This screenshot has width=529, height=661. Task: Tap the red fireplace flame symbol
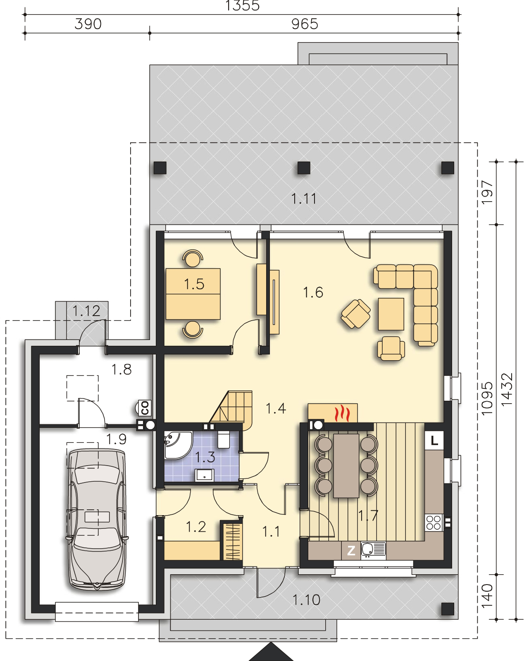(x=342, y=413)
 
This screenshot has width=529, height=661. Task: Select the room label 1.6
(x=313, y=292)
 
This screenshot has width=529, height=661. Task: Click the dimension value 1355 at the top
(x=242, y=5)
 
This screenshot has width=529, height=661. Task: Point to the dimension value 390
(x=88, y=24)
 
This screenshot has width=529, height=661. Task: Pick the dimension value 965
(x=305, y=24)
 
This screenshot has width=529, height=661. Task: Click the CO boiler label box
(x=145, y=408)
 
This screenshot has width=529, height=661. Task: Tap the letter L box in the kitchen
(x=434, y=441)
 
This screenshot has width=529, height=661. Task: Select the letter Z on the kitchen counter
(x=351, y=550)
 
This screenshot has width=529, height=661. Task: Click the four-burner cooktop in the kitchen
(x=434, y=523)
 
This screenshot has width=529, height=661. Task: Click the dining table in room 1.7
(x=346, y=465)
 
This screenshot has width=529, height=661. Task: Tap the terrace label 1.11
(x=304, y=199)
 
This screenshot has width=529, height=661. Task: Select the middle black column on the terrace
(x=304, y=168)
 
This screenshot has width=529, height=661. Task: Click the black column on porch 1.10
(x=448, y=609)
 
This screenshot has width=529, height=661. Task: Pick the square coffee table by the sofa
(x=391, y=314)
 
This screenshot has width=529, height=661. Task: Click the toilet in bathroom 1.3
(x=224, y=440)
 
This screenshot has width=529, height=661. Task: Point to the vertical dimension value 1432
(x=507, y=390)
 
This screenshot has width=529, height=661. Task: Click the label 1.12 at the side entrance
(x=86, y=311)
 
